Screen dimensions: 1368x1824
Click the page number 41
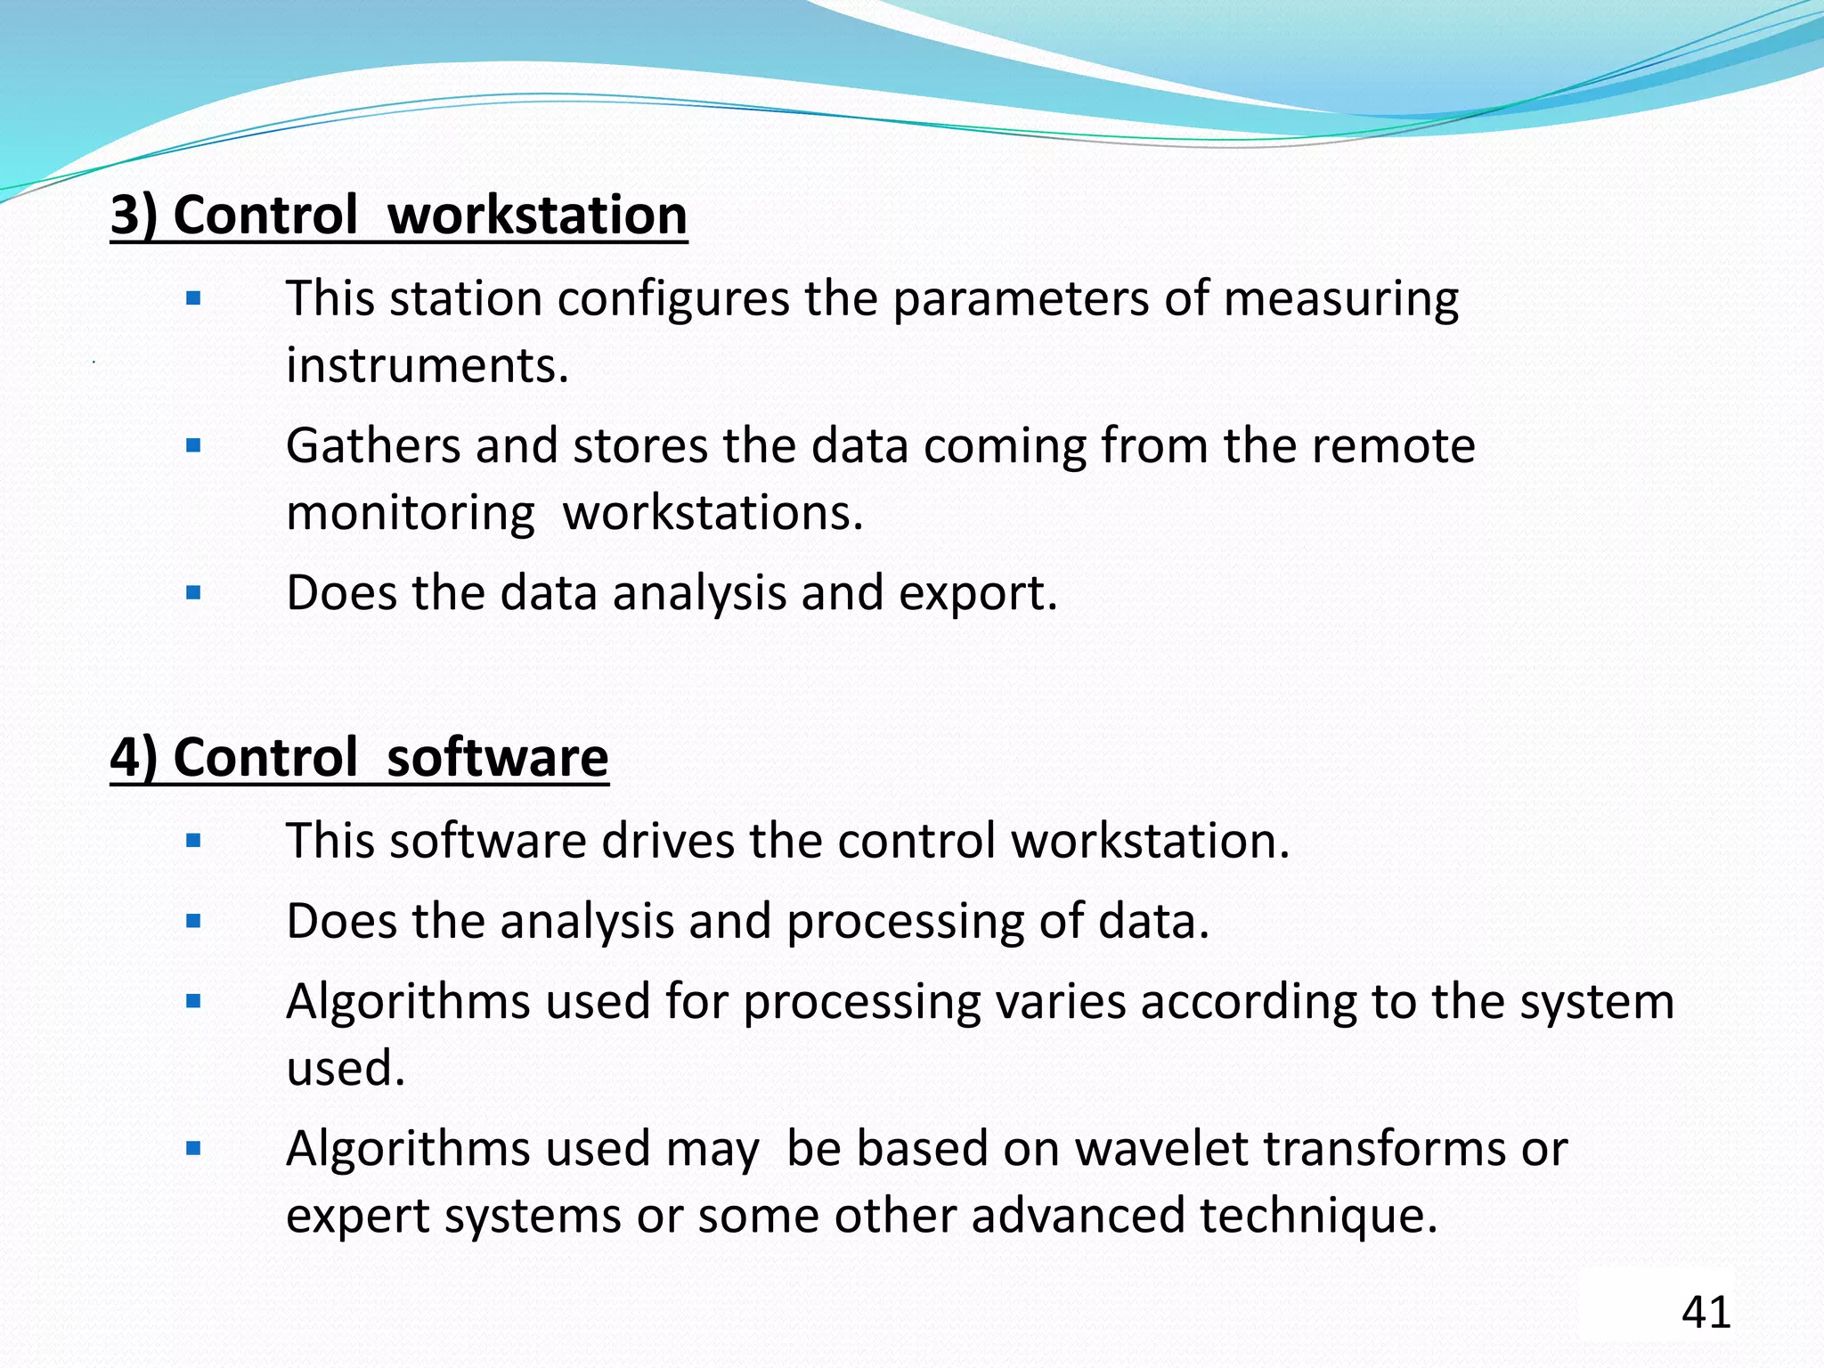[x=1706, y=1312]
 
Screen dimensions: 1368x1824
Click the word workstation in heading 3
[x=537, y=215]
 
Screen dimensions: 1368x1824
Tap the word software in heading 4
[x=497, y=757]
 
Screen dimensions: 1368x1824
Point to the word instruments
[x=427, y=365]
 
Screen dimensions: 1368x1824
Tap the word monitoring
[x=410, y=513]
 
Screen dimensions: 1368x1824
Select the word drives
[x=667, y=840]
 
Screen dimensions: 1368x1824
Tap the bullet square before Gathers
[x=193, y=445]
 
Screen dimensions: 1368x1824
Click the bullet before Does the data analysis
[x=193, y=593]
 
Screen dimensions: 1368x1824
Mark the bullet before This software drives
[x=193, y=840]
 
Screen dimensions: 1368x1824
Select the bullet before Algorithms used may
[x=193, y=1148]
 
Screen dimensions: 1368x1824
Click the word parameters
[x=1021, y=298]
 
